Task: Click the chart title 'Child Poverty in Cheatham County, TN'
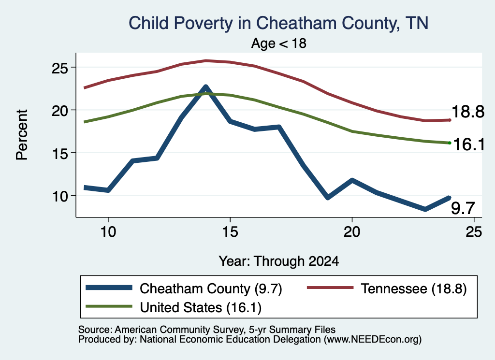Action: [x=278, y=23]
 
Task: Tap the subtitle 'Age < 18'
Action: [x=279, y=43]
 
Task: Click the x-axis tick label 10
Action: [x=108, y=232]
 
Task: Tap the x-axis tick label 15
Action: [x=230, y=232]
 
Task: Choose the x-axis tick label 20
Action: [x=352, y=232]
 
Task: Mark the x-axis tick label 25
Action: [x=474, y=232]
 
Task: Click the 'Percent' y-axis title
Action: [x=22, y=135]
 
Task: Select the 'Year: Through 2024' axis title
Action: [x=279, y=261]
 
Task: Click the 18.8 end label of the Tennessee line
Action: [x=468, y=112]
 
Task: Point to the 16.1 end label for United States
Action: [x=469, y=144]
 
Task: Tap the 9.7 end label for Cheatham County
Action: [x=463, y=208]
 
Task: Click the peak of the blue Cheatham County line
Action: [x=206, y=86]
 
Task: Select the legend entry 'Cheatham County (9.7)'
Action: [x=184, y=288]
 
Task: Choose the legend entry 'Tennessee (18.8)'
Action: [x=387, y=288]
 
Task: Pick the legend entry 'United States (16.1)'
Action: [x=174, y=307]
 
